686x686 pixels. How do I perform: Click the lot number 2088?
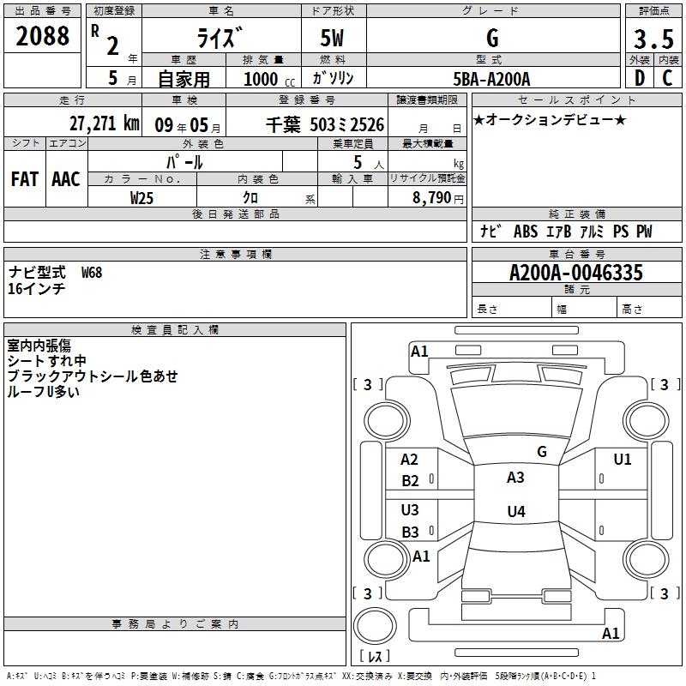[x=42, y=36]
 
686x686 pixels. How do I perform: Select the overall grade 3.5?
[x=653, y=39]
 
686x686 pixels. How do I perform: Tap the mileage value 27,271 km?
[x=104, y=123]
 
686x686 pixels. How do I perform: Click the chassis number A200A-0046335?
[x=576, y=273]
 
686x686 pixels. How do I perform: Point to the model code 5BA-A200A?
[x=491, y=79]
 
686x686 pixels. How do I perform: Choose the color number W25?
[x=141, y=198]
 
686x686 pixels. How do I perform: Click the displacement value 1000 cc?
[x=269, y=79]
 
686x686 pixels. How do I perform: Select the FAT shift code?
[x=25, y=179]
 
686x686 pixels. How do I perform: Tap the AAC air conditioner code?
[x=66, y=179]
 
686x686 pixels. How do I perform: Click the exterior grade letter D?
[x=639, y=78]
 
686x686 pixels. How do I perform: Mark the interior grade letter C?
[x=667, y=78]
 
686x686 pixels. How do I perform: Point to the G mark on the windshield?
[x=542, y=452]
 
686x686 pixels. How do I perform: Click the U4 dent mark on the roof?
[x=516, y=511]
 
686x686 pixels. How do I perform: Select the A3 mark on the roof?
[x=515, y=478]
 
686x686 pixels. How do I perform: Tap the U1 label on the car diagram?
[x=623, y=460]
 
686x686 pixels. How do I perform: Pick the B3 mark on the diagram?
[x=410, y=532]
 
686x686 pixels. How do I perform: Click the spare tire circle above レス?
[x=375, y=626]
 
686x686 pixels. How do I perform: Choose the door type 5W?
[x=332, y=38]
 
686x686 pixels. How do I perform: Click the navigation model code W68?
[x=92, y=273]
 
